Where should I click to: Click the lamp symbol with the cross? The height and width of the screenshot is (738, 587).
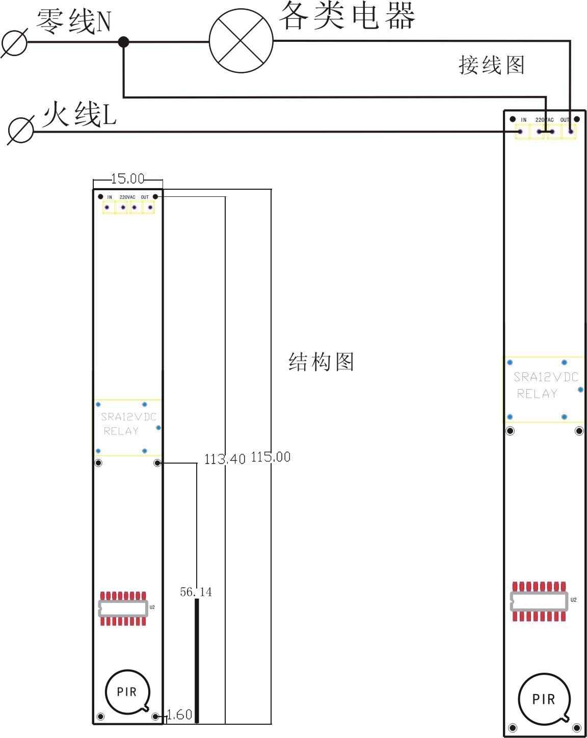pyautogui.click(x=241, y=41)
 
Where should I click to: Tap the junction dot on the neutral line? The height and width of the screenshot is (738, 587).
pyautogui.click(x=123, y=42)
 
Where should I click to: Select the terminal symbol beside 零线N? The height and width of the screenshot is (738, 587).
pyautogui.click(x=14, y=43)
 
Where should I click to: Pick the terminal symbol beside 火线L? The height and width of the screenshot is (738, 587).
pyautogui.click(x=21, y=131)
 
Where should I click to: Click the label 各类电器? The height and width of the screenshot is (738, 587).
pyautogui.click(x=346, y=15)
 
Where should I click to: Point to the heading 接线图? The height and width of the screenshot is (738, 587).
pyautogui.click(x=491, y=65)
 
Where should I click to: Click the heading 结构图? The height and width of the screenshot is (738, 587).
pyautogui.click(x=321, y=362)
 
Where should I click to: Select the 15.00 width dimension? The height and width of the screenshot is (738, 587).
pyautogui.click(x=128, y=179)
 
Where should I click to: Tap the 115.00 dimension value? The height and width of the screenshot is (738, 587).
pyautogui.click(x=271, y=457)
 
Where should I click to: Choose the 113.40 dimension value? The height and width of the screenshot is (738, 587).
pyautogui.click(x=225, y=459)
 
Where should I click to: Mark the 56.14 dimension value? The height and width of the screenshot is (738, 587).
pyautogui.click(x=196, y=592)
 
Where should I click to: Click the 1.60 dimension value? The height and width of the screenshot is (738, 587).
pyautogui.click(x=179, y=715)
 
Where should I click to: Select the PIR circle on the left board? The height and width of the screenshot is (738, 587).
pyautogui.click(x=127, y=692)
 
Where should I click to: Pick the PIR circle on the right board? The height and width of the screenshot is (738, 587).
pyautogui.click(x=543, y=699)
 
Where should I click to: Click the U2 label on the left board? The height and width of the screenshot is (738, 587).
pyautogui.click(x=152, y=607)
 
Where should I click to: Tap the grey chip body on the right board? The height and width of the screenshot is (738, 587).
pyautogui.click(x=539, y=601)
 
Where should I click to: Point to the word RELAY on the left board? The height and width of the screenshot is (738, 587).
pyautogui.click(x=121, y=431)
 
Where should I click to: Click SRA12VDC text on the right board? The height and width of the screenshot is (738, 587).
pyautogui.click(x=546, y=377)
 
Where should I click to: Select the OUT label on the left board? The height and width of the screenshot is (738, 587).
pyautogui.click(x=145, y=197)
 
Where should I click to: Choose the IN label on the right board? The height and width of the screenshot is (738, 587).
pyautogui.click(x=523, y=120)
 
